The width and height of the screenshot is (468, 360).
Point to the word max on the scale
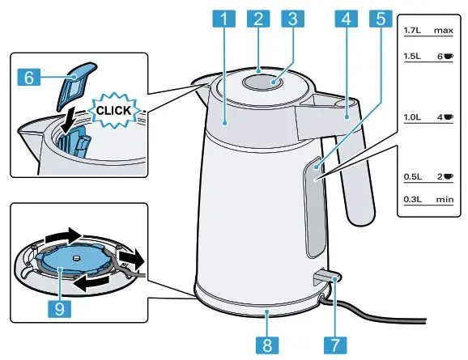(x=441, y=30)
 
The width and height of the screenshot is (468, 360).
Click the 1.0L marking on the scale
(x=412, y=117)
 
